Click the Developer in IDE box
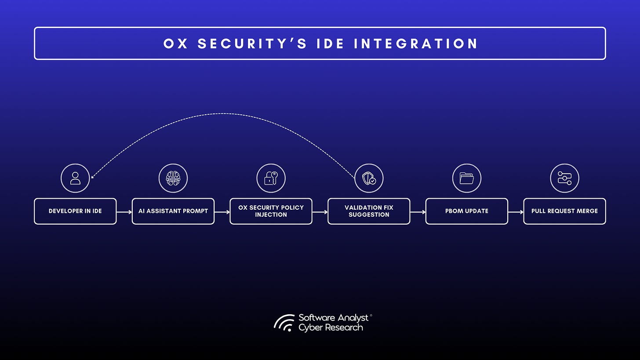(x=75, y=211)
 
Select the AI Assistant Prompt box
(x=173, y=211)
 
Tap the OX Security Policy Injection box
(x=271, y=211)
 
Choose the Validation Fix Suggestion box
(x=369, y=211)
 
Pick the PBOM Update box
(x=466, y=211)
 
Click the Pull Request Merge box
(x=564, y=211)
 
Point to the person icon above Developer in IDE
(x=75, y=178)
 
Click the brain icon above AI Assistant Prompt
(x=173, y=178)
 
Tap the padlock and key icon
(x=271, y=178)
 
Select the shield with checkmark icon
(x=369, y=178)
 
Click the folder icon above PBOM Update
(x=466, y=178)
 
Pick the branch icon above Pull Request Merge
(x=564, y=178)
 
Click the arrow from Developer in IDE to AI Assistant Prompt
(x=124, y=212)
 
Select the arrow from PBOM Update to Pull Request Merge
(x=516, y=212)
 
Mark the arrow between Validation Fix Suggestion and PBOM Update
(x=418, y=212)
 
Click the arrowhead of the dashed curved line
(x=92, y=178)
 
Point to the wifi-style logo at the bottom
(x=284, y=323)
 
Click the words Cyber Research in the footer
(x=331, y=327)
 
